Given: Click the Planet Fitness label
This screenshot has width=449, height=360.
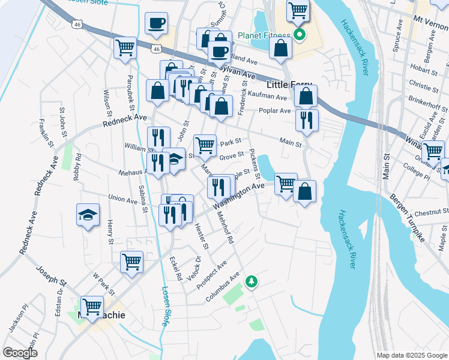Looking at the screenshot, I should tap(264, 35).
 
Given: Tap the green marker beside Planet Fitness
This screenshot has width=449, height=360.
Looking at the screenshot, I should tap(298, 35).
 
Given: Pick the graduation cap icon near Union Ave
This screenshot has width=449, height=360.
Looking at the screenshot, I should tap(88, 215).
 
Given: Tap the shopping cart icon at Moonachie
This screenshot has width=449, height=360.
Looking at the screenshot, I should tap(92, 307).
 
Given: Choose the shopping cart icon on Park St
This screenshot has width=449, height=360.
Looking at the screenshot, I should tap(205, 145).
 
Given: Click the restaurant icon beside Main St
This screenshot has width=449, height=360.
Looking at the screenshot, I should tap(307, 119).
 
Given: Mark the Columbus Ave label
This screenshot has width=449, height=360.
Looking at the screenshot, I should tap(221, 288).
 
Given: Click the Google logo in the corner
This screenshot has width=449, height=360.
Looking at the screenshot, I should tap(20, 353).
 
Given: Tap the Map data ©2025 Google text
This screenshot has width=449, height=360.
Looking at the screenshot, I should tap(411, 355).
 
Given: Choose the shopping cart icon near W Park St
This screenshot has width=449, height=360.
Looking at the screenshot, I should tap(131, 262).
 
